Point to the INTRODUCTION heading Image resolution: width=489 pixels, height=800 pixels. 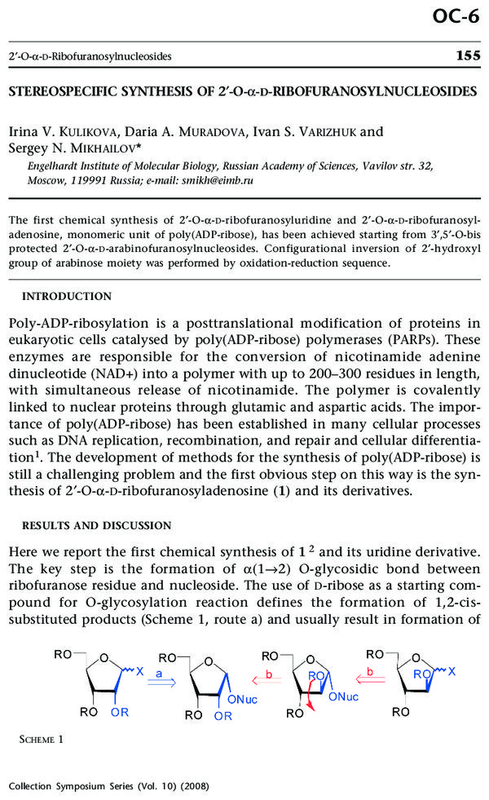click(67, 296)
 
